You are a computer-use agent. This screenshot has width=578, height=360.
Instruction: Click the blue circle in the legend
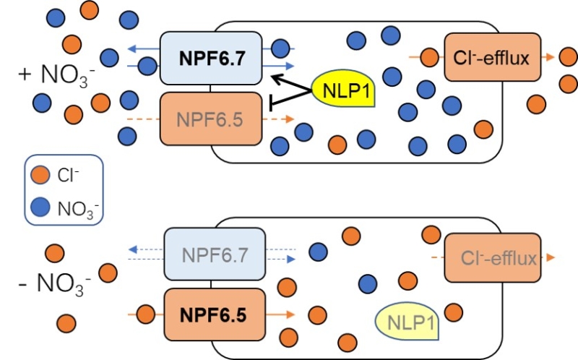(x=42, y=209)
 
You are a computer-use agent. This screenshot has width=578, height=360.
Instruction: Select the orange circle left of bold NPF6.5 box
(x=145, y=314)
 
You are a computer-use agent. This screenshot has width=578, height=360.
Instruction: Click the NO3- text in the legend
(x=78, y=210)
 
